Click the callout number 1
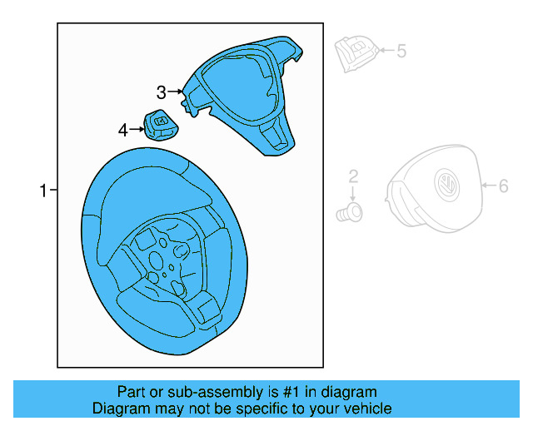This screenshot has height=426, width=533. (x=43, y=191)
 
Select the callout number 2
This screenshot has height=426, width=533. (x=353, y=176)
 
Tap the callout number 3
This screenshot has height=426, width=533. (x=162, y=92)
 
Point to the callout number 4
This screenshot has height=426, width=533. (x=123, y=130)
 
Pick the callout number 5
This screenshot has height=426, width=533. (x=401, y=52)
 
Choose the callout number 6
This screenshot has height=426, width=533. (x=503, y=186)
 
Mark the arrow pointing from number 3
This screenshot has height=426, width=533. (x=176, y=92)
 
